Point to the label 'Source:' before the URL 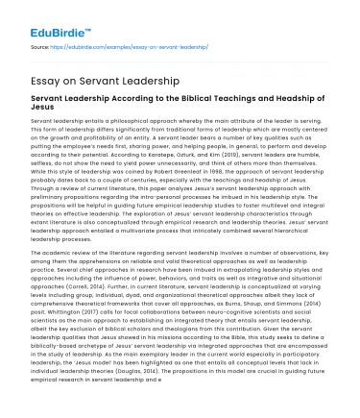click(x=41, y=44)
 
